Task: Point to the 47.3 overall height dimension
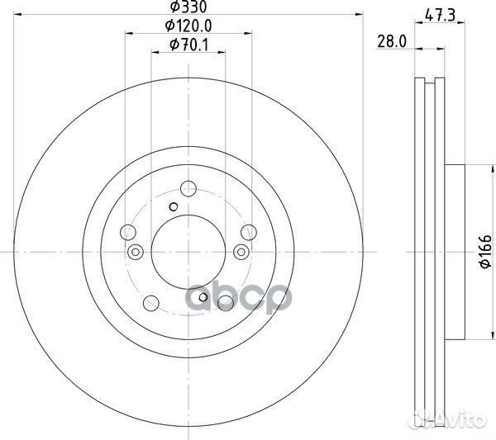click(x=432, y=13)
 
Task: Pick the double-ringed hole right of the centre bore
click(x=241, y=251)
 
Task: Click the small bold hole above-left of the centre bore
click(x=173, y=207)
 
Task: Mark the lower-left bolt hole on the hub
click(x=151, y=303)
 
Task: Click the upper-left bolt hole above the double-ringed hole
click(x=128, y=232)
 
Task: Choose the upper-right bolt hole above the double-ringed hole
click(x=249, y=232)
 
